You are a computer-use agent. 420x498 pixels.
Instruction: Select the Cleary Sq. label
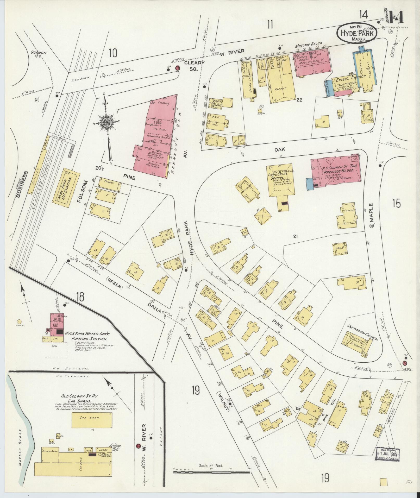(x=194, y=66)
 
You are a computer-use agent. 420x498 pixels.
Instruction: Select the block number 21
(x=295, y=236)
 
